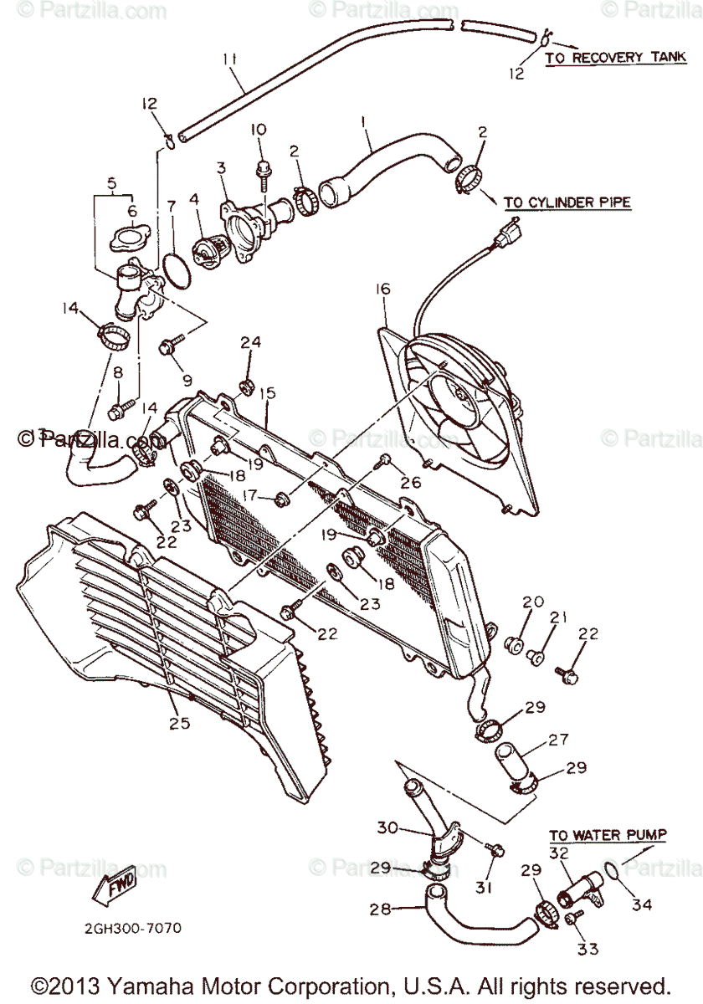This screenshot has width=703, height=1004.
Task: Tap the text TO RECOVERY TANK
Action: click(x=616, y=58)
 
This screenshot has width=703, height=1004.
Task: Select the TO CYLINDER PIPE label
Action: click(x=567, y=202)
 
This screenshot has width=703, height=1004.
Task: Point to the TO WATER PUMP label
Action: click(x=608, y=835)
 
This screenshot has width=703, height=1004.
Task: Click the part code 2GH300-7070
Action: click(x=131, y=928)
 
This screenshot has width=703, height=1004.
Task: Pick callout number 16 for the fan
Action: click(x=382, y=289)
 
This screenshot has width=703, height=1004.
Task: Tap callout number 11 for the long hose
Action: click(x=230, y=59)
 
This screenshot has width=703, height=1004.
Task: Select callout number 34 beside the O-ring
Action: click(x=643, y=904)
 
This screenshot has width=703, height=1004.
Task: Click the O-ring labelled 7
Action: click(x=173, y=270)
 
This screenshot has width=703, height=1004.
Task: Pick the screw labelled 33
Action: click(x=573, y=918)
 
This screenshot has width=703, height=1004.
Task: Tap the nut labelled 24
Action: click(x=247, y=387)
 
